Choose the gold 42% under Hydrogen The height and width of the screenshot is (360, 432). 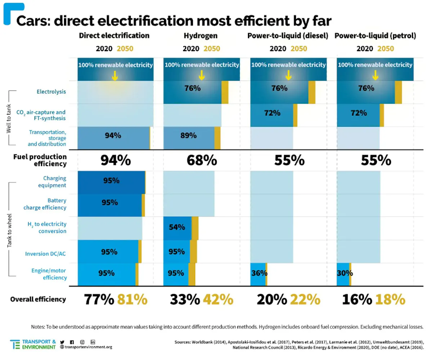[218, 299]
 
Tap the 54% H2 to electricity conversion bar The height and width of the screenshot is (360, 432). [177, 228]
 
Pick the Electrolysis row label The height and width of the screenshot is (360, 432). [51, 91]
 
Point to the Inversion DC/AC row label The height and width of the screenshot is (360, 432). [46, 254]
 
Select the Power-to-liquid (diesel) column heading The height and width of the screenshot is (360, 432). [288, 36]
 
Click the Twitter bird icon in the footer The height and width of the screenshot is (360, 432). [62, 342]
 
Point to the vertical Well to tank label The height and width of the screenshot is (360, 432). [9, 117]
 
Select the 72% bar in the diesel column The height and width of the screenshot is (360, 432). [272, 113]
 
